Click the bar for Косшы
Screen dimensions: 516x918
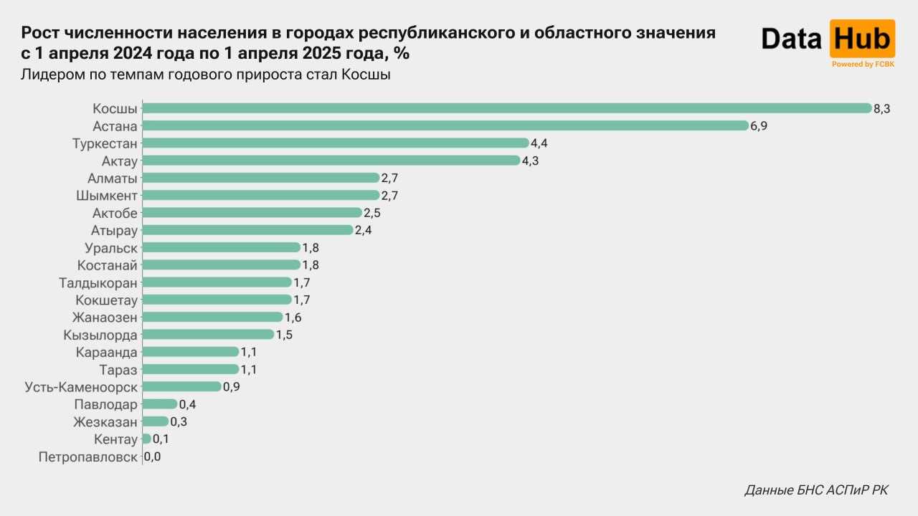(x=506, y=108)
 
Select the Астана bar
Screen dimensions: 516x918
(x=445, y=125)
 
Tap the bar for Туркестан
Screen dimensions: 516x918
(x=335, y=143)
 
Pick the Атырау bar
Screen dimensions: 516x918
(x=247, y=230)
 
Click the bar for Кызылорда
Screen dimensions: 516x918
(x=208, y=334)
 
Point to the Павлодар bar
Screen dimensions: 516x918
(x=159, y=403)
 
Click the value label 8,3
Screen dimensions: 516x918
(x=881, y=108)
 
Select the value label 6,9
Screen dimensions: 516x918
(x=759, y=125)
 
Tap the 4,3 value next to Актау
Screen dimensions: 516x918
(x=530, y=161)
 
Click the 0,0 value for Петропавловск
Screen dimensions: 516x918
(x=152, y=456)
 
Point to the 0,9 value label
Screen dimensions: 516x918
(x=231, y=386)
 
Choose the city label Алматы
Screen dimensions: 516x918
(x=112, y=178)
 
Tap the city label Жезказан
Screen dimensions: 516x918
(x=105, y=421)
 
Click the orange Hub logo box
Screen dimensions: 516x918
(x=862, y=39)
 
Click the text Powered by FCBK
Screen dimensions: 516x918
(x=862, y=64)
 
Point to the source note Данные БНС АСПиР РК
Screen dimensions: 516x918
(x=816, y=490)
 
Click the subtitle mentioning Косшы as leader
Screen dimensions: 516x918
(x=205, y=75)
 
